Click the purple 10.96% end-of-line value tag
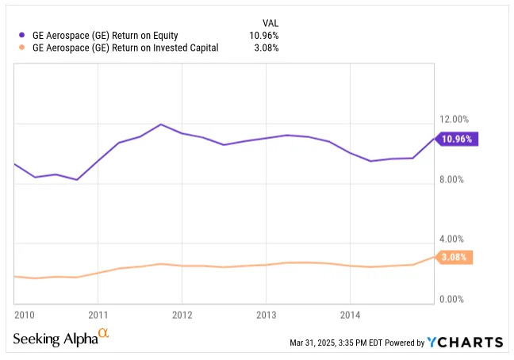point(457,139)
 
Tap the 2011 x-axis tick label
point(98,314)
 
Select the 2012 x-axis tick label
point(182,314)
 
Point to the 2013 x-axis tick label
point(266,314)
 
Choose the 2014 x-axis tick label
point(350,314)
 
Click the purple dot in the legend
point(21,34)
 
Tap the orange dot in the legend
point(21,48)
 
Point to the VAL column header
point(270,21)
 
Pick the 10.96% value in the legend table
point(263,34)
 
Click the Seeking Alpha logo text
point(56,339)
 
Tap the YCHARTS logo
point(465,342)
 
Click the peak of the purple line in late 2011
point(161,124)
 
